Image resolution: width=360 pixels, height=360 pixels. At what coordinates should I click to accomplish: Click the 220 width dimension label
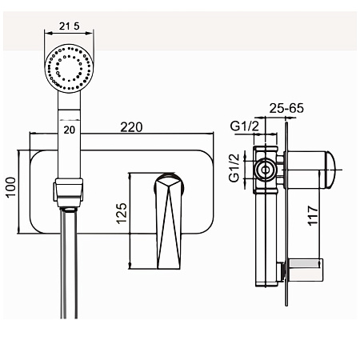pos(131,127)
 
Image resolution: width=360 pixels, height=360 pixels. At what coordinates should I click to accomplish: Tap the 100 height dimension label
pos(11,186)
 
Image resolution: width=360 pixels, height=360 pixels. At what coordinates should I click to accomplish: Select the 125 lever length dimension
pos(122,214)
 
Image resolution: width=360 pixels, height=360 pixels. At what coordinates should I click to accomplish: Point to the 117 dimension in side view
pos(313,215)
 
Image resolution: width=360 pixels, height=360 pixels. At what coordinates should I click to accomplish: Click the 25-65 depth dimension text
pos(286,108)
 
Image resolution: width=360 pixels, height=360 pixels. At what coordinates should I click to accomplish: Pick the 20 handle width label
pos(70,130)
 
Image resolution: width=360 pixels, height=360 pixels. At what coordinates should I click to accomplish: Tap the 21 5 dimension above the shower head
pos(70,26)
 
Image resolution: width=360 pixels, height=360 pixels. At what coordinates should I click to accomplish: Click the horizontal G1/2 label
pos(244,126)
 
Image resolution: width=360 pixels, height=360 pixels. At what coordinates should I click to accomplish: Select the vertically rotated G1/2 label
pos(234,168)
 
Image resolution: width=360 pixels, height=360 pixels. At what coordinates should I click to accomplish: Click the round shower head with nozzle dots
pos(69,69)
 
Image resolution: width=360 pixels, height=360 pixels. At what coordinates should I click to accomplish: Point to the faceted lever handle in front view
pos(169,222)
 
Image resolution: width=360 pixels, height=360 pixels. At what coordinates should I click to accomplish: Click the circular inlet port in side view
pos(266,170)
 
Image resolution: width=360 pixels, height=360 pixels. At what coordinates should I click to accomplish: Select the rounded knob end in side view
pos(330,170)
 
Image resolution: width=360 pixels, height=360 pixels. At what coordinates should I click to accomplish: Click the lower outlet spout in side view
pos(306,270)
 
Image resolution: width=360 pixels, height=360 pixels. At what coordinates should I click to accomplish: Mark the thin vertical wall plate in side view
pos(286,214)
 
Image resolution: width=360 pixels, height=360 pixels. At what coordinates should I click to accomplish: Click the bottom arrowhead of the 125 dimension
pos(130,266)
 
